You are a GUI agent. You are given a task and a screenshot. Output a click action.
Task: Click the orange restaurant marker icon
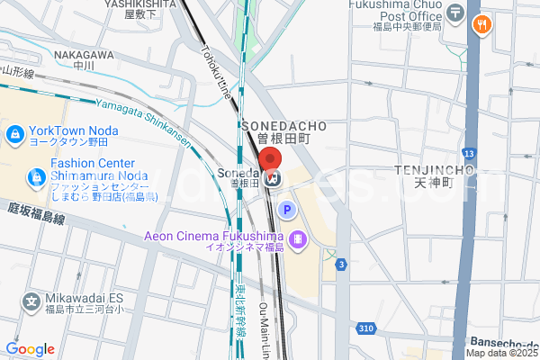click(482, 25)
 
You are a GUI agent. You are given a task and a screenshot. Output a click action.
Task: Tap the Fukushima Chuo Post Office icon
click(456, 13)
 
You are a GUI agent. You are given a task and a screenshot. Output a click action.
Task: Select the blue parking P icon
click(287, 211)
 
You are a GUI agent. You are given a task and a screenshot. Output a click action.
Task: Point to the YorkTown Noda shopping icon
click(15, 135)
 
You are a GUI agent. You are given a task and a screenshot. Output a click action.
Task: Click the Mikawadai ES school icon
click(31, 300)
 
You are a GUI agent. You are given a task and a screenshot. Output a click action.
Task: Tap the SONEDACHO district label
click(283, 126)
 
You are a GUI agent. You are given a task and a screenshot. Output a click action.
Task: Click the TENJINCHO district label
click(435, 170)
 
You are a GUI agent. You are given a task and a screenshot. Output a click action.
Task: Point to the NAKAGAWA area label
click(83, 55)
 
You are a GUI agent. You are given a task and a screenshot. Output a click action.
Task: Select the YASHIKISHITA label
click(139, 4)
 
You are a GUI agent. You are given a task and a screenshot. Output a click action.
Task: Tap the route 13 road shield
click(468, 154)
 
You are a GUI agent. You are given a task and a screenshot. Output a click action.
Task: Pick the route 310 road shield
click(364, 329)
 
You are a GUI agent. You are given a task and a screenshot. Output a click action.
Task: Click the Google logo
click(30, 349)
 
